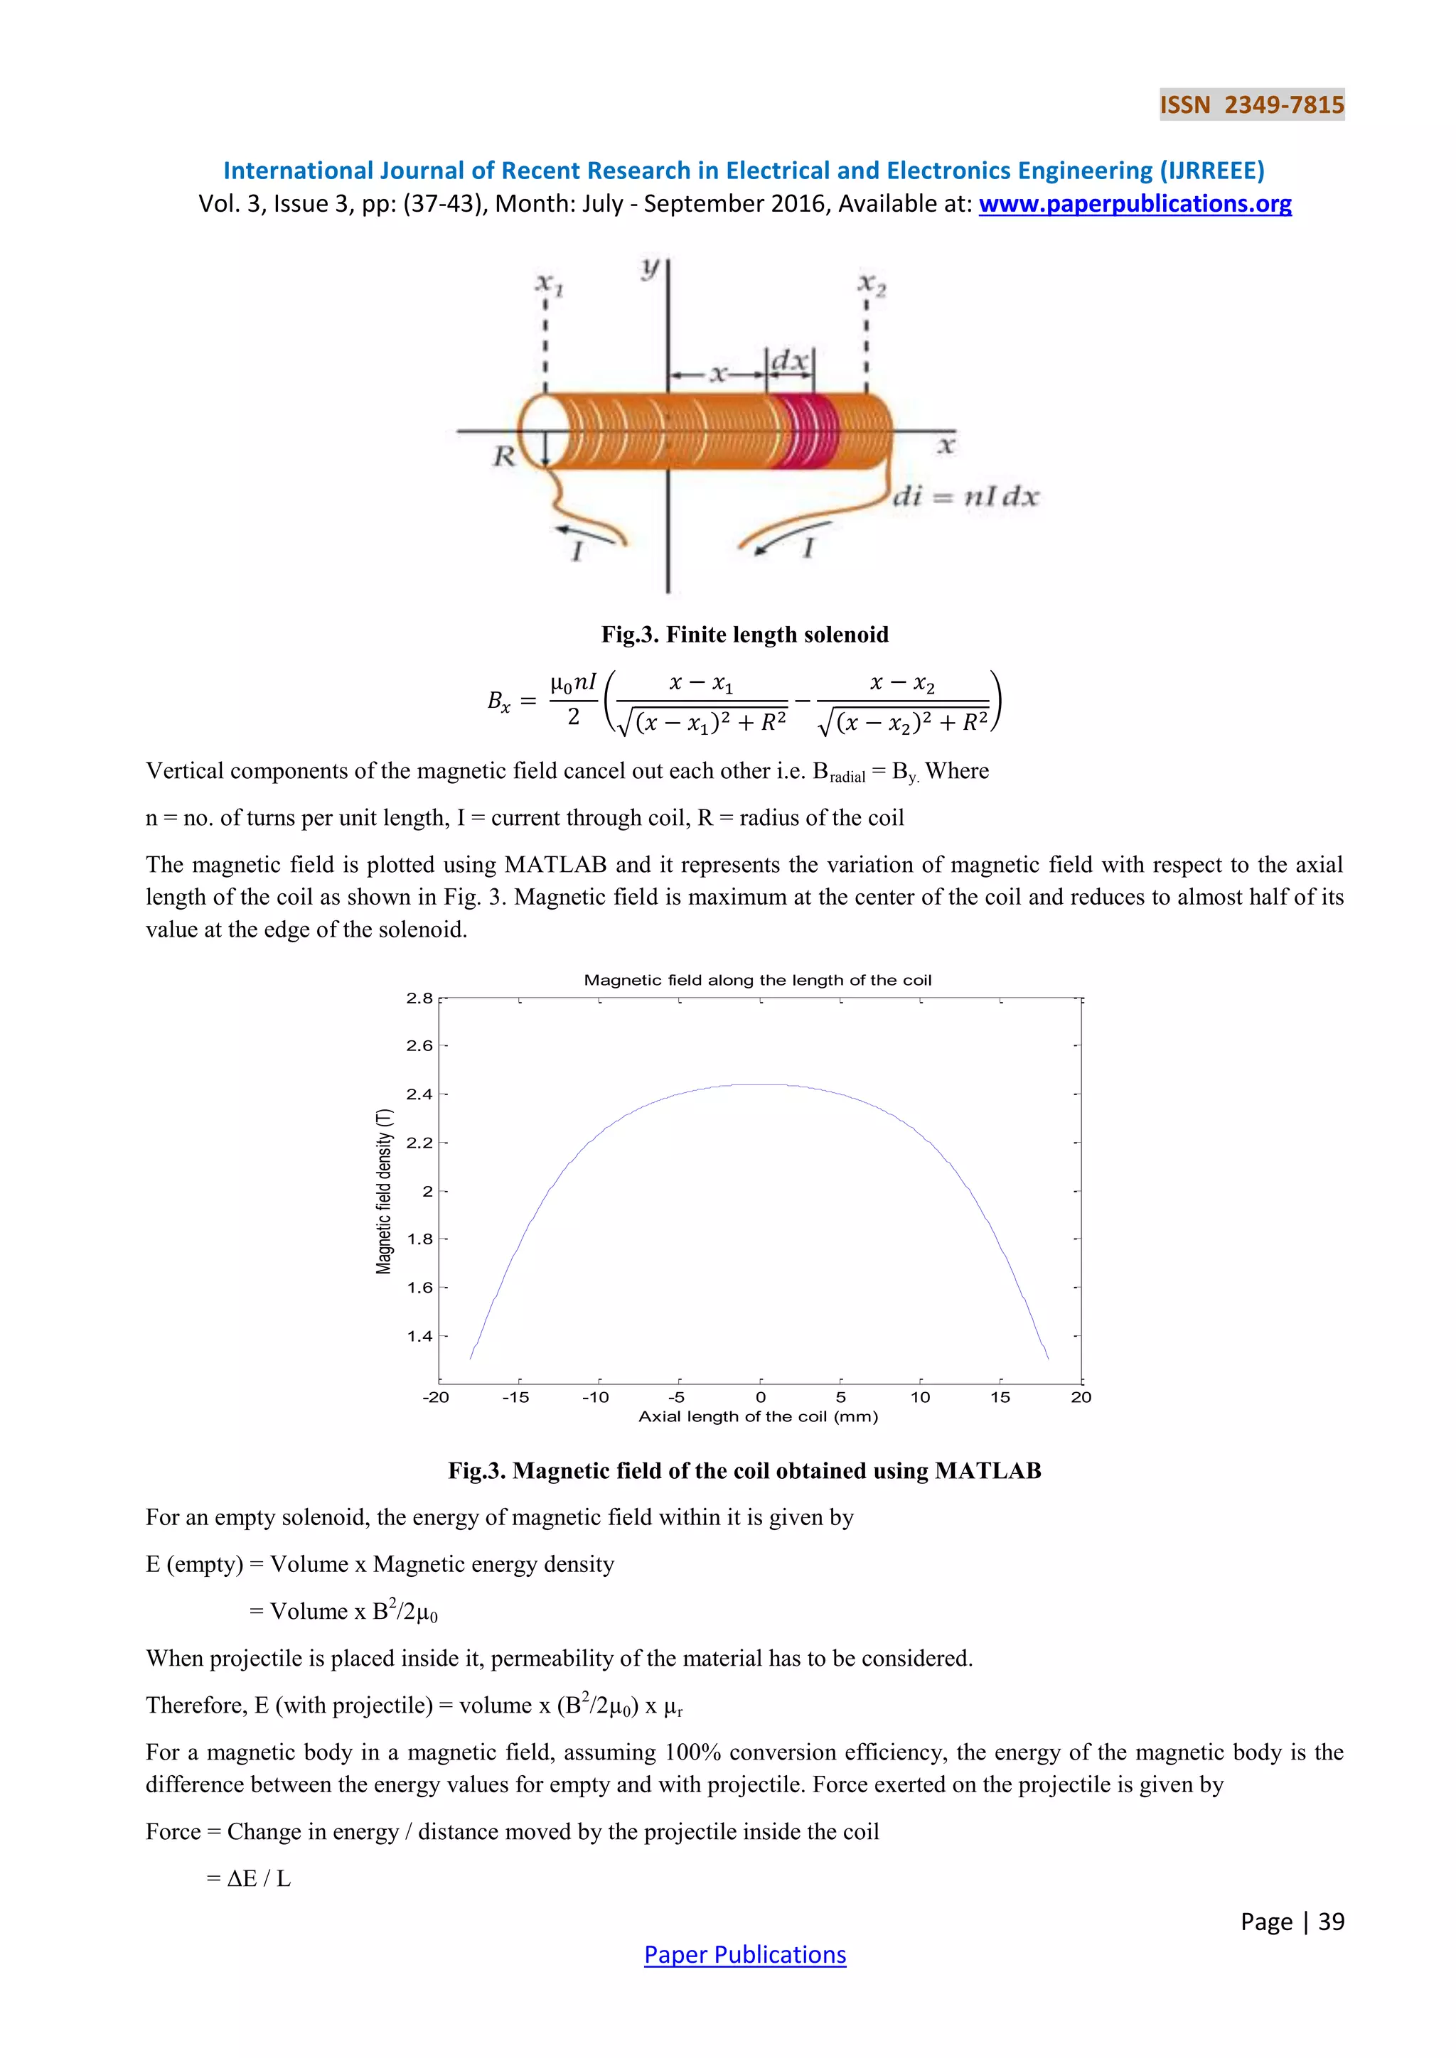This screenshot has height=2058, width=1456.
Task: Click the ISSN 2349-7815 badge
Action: [1251, 105]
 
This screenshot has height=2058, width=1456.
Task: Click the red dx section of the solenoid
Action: [806, 431]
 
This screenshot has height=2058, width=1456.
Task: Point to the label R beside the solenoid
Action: [504, 456]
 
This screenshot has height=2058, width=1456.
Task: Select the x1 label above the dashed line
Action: [549, 284]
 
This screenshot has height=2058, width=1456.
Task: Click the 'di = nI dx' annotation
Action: [965, 497]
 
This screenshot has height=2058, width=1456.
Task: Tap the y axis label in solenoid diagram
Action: [650, 267]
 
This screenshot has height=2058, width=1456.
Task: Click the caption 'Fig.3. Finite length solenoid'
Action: [744, 635]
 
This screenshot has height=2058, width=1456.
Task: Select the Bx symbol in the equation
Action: [499, 701]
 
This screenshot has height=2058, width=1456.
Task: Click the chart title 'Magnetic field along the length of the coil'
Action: [758, 980]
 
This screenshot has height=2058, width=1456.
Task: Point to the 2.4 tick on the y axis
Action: [419, 1094]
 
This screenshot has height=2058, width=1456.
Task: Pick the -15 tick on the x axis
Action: [515, 1397]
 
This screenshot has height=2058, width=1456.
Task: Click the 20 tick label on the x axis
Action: [1081, 1397]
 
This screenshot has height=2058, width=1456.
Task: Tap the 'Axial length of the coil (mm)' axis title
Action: [758, 1417]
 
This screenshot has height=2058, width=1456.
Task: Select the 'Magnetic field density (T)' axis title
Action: [384, 1191]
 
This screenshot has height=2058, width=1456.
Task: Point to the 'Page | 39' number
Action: [1292, 1922]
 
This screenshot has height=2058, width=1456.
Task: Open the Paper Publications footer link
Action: [744, 1955]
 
